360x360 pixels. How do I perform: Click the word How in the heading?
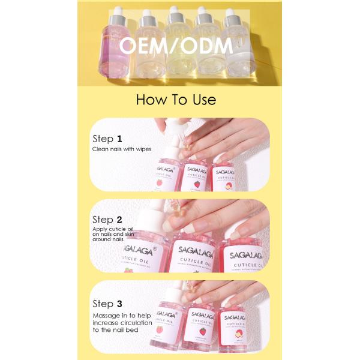pyautogui.click(x=152, y=99)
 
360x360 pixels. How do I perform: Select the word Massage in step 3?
pyautogui.click(x=106, y=315)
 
